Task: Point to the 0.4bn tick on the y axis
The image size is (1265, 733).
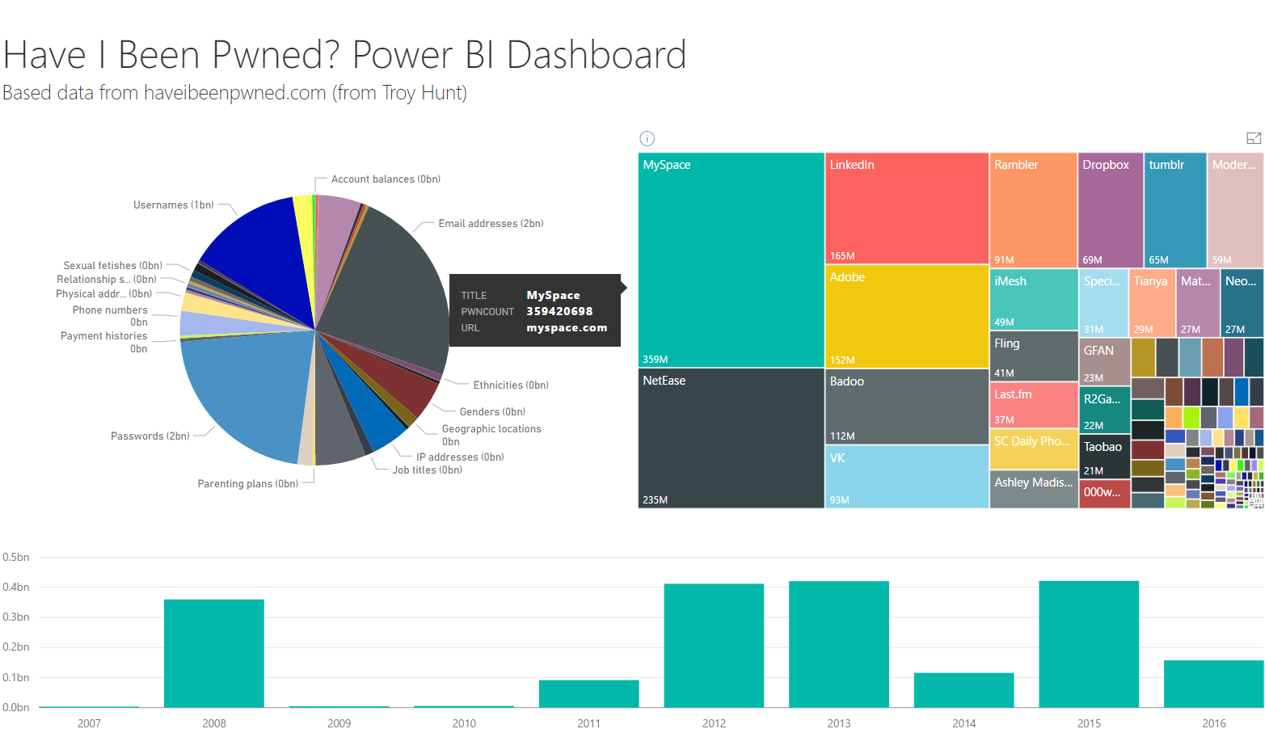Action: point(16,587)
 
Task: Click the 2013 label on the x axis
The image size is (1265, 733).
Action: point(839,723)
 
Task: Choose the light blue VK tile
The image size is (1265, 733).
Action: point(906,477)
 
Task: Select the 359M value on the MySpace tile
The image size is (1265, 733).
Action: point(656,360)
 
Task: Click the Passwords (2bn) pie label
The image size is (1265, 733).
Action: point(150,436)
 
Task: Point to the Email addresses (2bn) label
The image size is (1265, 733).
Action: point(491,224)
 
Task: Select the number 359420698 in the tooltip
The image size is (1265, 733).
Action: point(559,311)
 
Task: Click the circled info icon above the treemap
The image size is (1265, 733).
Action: point(647,138)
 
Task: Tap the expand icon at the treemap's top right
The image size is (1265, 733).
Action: point(1254,138)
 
